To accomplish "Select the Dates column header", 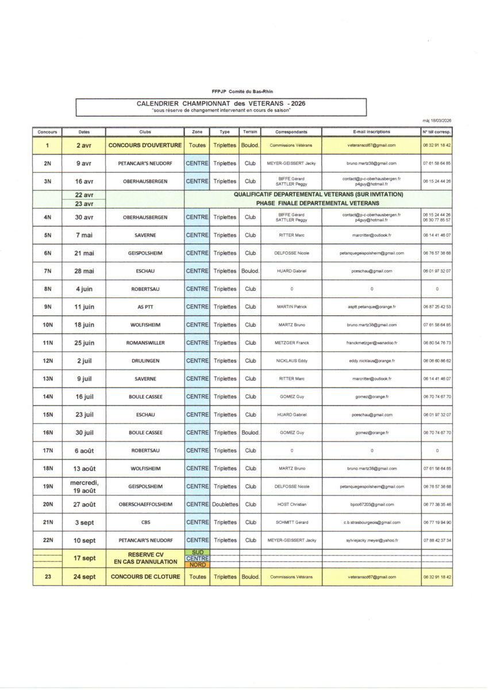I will coord(84,132).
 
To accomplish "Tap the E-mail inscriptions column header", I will coord(371,132).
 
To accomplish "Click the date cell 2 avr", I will coord(84,146).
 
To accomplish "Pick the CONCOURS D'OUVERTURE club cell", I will coord(145,145).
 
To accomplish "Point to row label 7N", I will coord(48,271).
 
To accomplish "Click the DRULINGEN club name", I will coord(145,361).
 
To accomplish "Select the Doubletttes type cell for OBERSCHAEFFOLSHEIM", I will coord(225,504).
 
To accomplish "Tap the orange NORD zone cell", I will coord(197,565).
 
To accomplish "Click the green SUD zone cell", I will coord(197,553).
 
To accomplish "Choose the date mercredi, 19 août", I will coord(84,486).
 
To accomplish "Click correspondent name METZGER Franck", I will coord(291,343).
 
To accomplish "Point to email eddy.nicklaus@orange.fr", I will coord(371,361).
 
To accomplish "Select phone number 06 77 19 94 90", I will coord(437,523).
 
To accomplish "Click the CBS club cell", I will coord(145,523).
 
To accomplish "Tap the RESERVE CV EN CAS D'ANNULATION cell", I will coord(145,558).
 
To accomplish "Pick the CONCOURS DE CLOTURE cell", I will coord(145,577).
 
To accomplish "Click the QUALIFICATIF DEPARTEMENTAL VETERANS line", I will coord(318,194).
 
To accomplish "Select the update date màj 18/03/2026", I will coord(437,120).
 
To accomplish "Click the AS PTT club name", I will coord(145,307).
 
